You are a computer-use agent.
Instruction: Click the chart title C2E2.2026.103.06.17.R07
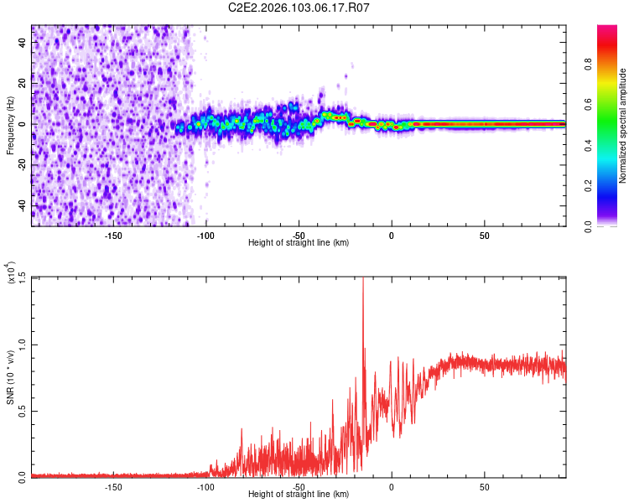click(x=299, y=8)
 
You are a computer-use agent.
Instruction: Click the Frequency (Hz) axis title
click(x=10, y=125)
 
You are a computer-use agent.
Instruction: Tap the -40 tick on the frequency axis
click(x=23, y=205)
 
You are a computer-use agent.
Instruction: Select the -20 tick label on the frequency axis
click(x=23, y=165)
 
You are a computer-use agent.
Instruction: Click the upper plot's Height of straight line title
click(x=299, y=242)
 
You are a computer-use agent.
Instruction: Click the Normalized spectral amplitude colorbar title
click(x=622, y=126)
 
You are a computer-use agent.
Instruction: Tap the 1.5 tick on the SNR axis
click(x=23, y=277)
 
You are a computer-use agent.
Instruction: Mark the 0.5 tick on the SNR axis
click(x=23, y=410)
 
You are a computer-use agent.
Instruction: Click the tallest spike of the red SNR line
click(x=363, y=280)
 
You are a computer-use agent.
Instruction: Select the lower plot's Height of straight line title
click(x=299, y=494)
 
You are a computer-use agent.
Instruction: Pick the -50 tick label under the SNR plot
click(x=299, y=486)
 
